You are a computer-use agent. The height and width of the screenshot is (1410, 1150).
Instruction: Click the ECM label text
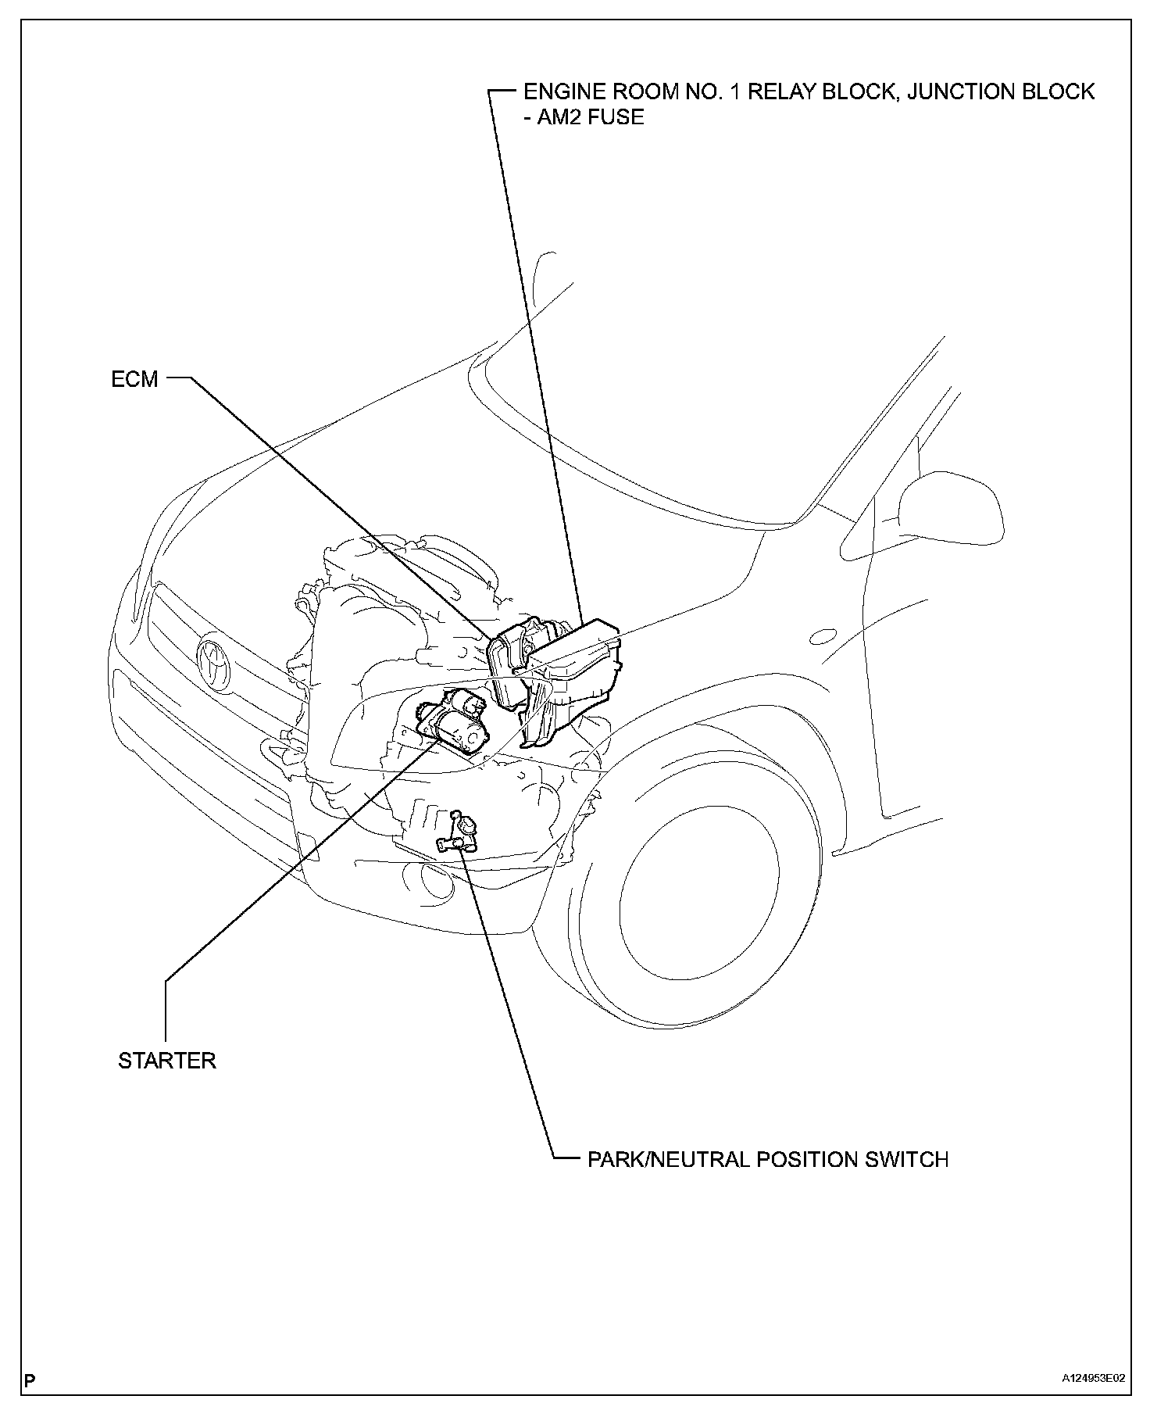tap(134, 380)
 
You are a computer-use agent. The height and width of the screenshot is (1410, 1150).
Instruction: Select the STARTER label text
tap(166, 1061)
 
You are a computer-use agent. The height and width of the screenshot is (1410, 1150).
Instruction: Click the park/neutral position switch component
tap(460, 834)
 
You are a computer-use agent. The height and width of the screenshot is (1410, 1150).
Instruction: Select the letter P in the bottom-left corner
tap(30, 1380)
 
